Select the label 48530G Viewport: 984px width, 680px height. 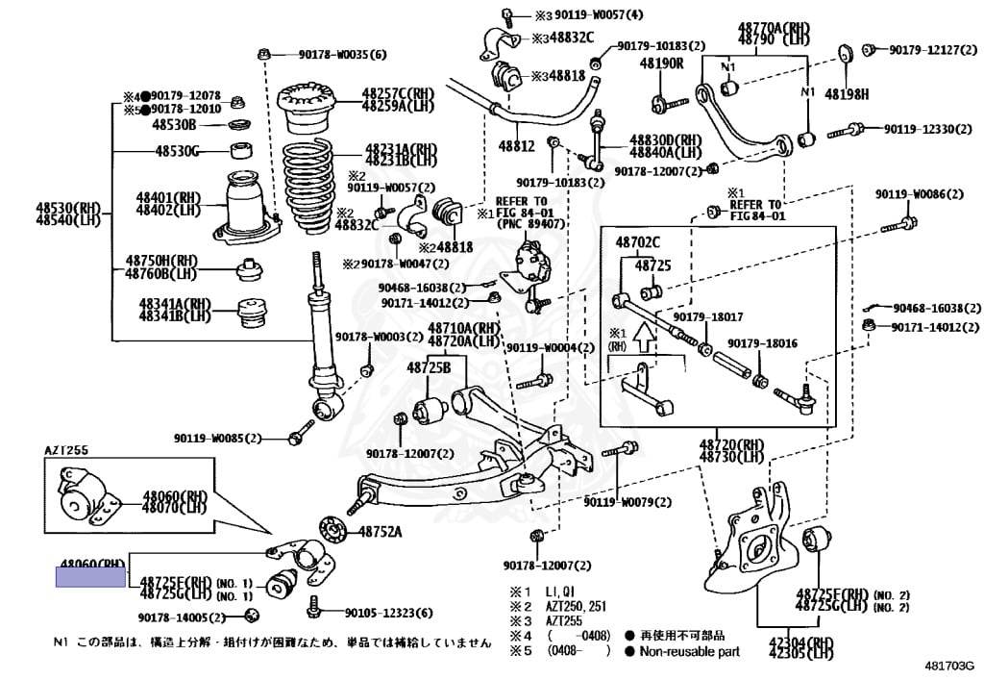[178, 151]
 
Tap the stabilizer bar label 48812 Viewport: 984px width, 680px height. [515, 146]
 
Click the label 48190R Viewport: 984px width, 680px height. [661, 63]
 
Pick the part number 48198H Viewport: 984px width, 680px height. [849, 94]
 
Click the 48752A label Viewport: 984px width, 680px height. [381, 531]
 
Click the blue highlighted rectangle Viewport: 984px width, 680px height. [91, 577]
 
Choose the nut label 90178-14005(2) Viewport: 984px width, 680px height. [180, 617]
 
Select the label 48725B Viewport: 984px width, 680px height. [428, 367]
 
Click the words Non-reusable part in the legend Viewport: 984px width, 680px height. [688, 651]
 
